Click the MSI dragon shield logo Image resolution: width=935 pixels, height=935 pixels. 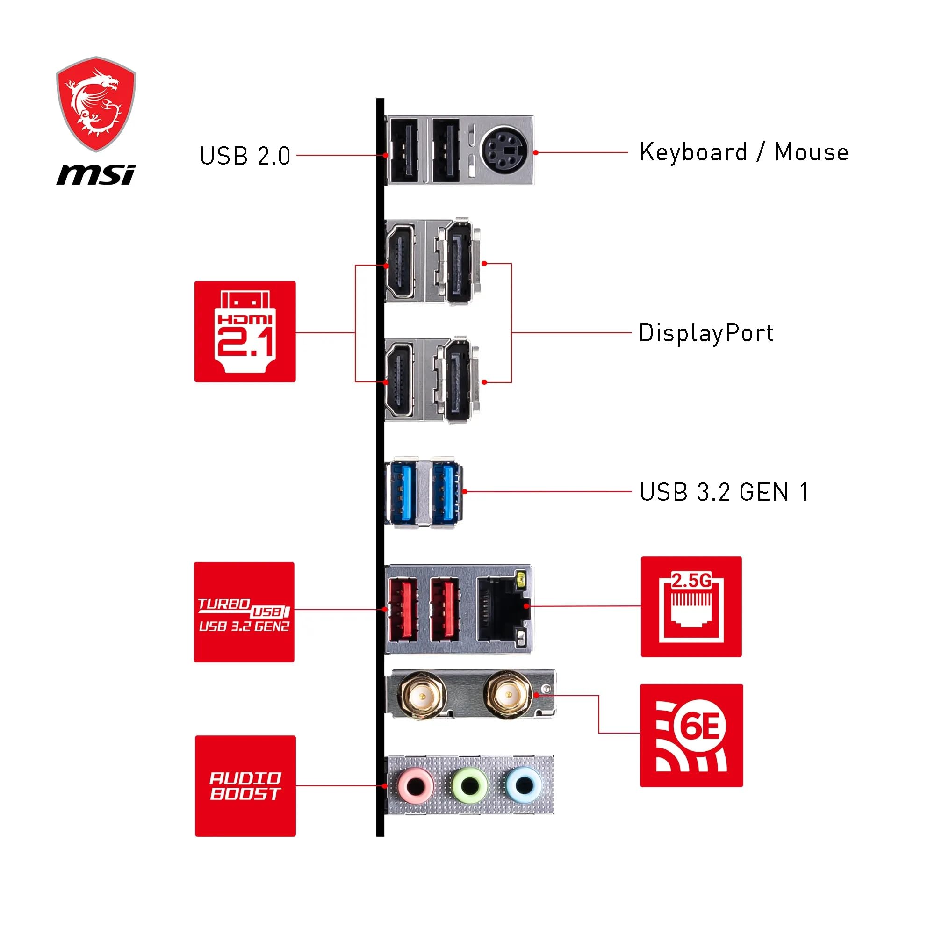click(x=96, y=104)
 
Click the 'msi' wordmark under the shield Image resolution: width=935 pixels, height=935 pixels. click(x=96, y=174)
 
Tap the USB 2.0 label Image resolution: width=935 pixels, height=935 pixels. click(x=245, y=156)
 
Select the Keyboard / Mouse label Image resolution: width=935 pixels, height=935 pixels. click(x=743, y=152)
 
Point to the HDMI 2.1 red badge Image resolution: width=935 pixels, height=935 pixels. click(x=245, y=331)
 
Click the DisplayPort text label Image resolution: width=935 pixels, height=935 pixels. click(x=705, y=333)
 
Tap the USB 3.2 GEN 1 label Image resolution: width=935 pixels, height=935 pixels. click(x=724, y=492)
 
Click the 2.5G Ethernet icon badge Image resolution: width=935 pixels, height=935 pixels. click(x=691, y=606)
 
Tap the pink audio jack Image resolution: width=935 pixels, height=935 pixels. click(x=415, y=786)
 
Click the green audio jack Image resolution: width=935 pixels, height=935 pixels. click(x=468, y=786)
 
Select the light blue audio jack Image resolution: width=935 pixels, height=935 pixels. click(x=523, y=785)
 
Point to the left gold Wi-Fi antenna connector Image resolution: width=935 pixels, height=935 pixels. click(x=422, y=696)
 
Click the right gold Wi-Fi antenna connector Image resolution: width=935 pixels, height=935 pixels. click(x=507, y=695)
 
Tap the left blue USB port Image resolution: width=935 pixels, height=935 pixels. click(x=401, y=492)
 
